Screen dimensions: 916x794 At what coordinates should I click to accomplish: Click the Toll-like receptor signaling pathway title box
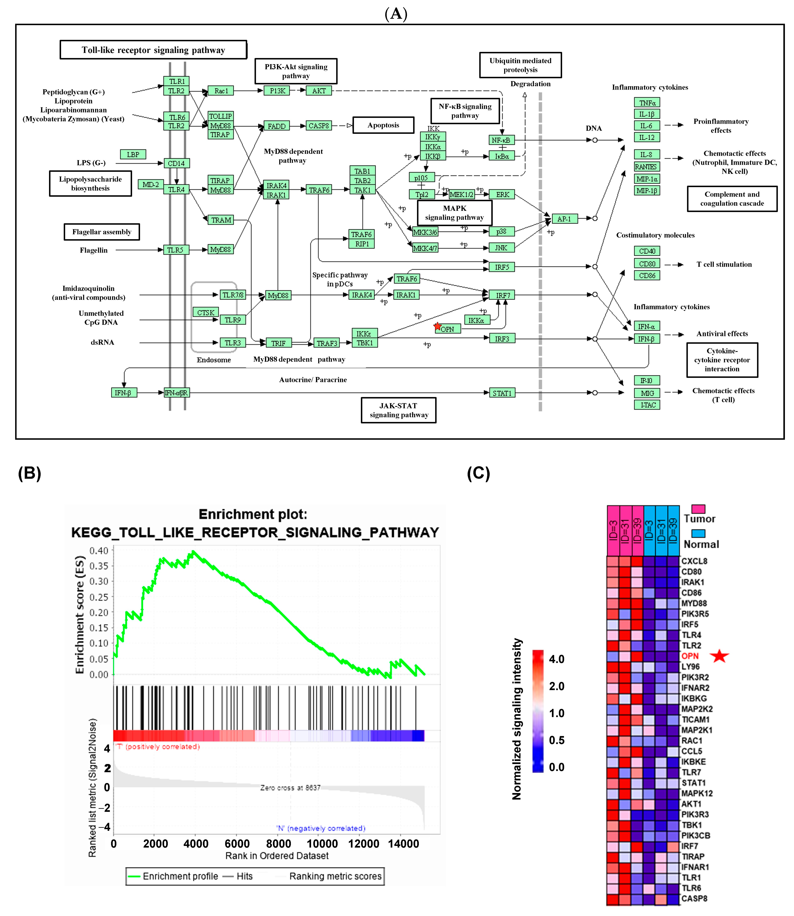pos(153,50)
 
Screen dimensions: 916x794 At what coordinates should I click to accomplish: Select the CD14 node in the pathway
pos(176,163)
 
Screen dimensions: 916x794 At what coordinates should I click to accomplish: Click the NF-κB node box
pos(501,140)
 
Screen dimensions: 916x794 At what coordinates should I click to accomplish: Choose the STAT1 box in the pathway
pos(502,393)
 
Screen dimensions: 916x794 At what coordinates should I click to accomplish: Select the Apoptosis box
pos(383,125)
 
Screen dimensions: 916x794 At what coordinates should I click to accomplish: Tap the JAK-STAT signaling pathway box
pos(398,410)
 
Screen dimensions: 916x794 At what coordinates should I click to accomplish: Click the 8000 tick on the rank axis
pos(278,844)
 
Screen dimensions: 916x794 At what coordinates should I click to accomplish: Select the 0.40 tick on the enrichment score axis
pos(99,550)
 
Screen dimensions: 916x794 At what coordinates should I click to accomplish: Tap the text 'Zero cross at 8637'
pos(290,787)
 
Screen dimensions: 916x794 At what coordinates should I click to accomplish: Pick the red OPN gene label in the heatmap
pos(690,656)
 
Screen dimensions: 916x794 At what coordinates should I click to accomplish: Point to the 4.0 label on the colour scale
pos(556,659)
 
